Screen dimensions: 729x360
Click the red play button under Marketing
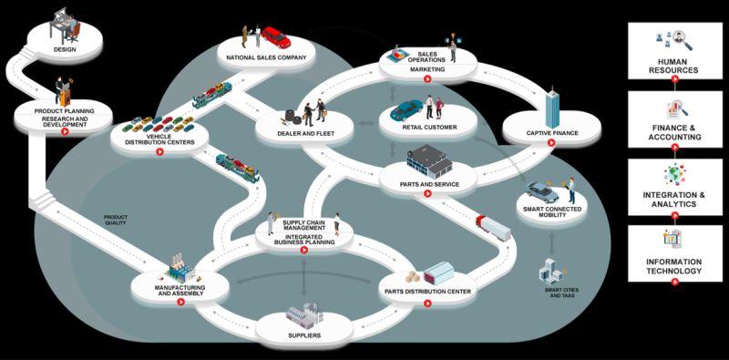point(427,79)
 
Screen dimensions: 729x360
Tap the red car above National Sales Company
point(276,37)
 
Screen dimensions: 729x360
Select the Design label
point(65,49)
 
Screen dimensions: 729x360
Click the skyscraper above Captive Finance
point(552,108)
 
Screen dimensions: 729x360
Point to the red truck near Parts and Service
point(493,228)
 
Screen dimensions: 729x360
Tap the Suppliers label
point(304,335)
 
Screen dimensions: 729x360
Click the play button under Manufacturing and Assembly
point(180,302)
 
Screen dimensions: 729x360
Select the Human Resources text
point(673,66)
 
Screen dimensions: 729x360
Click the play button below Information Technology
point(674,282)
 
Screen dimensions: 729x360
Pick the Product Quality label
point(115,220)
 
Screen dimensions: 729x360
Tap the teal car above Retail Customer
point(406,110)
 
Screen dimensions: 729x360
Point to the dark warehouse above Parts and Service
point(429,161)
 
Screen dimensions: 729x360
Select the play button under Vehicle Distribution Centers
point(159,151)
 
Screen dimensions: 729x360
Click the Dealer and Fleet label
point(305,134)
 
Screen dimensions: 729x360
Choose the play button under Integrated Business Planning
point(303,251)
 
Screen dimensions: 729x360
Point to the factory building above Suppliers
point(302,314)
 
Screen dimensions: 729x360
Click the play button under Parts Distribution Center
point(427,303)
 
